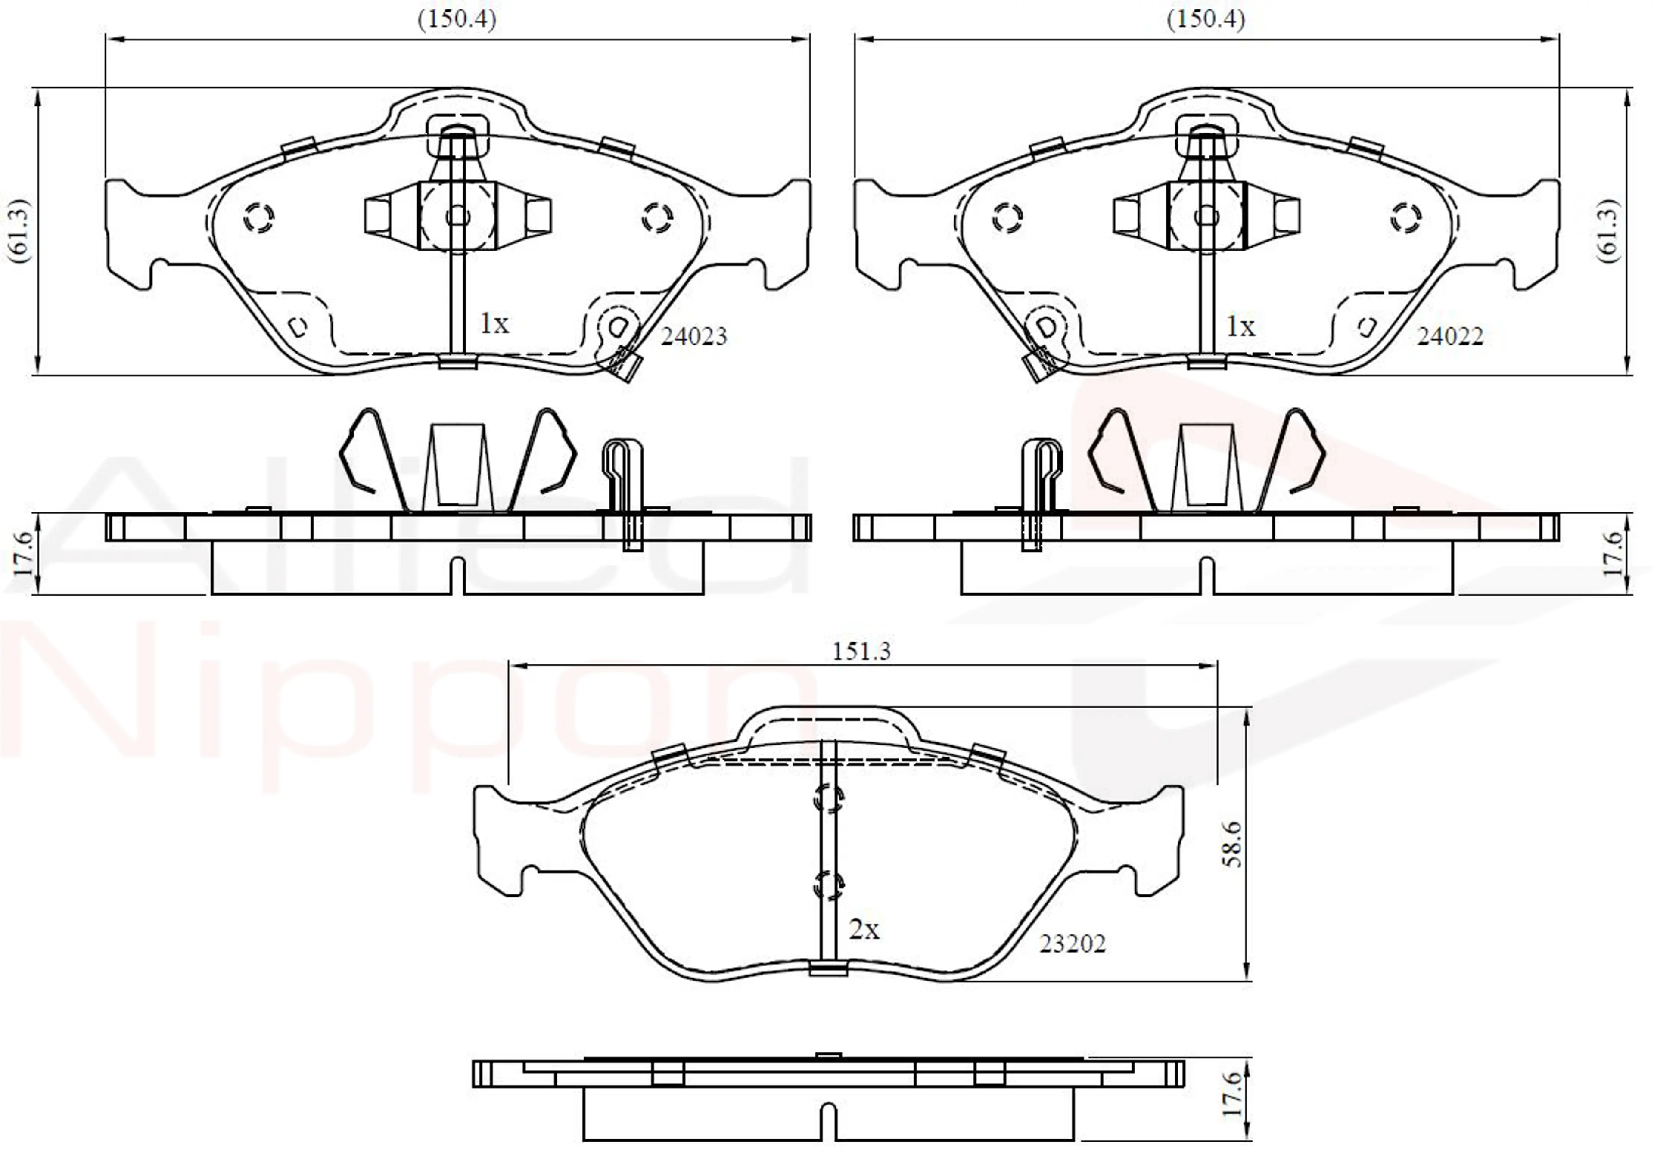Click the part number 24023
click(x=694, y=336)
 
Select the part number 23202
click(x=1072, y=943)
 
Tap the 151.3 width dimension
click(x=861, y=651)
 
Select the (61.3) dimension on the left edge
click(x=19, y=230)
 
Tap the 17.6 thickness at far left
click(x=23, y=554)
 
